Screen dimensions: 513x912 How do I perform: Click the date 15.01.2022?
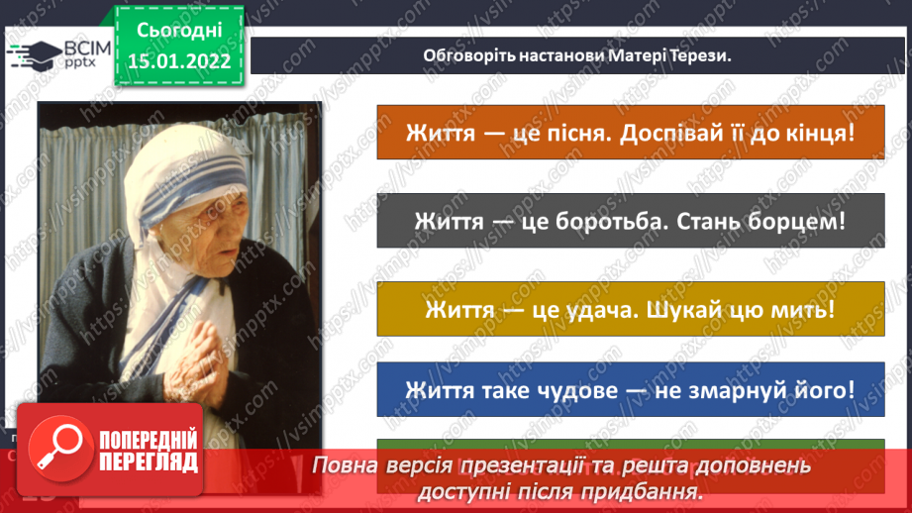click(x=178, y=59)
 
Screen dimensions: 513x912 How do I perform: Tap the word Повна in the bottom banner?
click(x=345, y=464)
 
